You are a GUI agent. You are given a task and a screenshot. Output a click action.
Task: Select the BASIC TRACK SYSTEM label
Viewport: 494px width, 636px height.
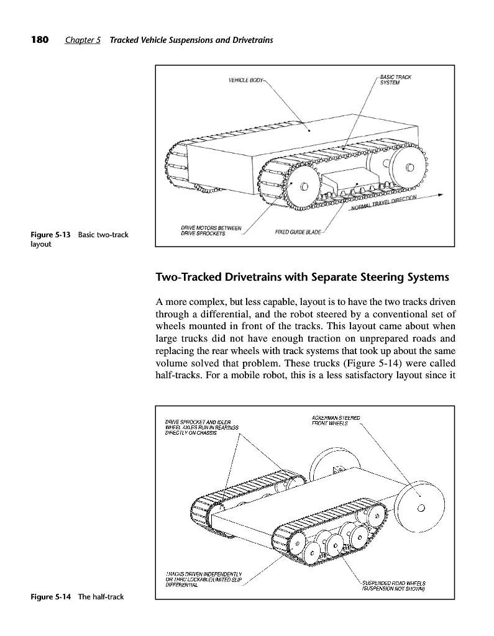click(x=395, y=80)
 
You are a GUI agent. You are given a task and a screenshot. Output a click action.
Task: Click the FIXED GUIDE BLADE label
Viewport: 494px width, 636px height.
click(x=298, y=232)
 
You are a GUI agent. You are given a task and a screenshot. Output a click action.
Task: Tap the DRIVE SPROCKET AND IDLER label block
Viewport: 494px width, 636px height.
click(x=199, y=427)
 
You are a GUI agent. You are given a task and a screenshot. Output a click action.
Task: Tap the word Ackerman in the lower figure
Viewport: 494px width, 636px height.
click(x=323, y=417)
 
